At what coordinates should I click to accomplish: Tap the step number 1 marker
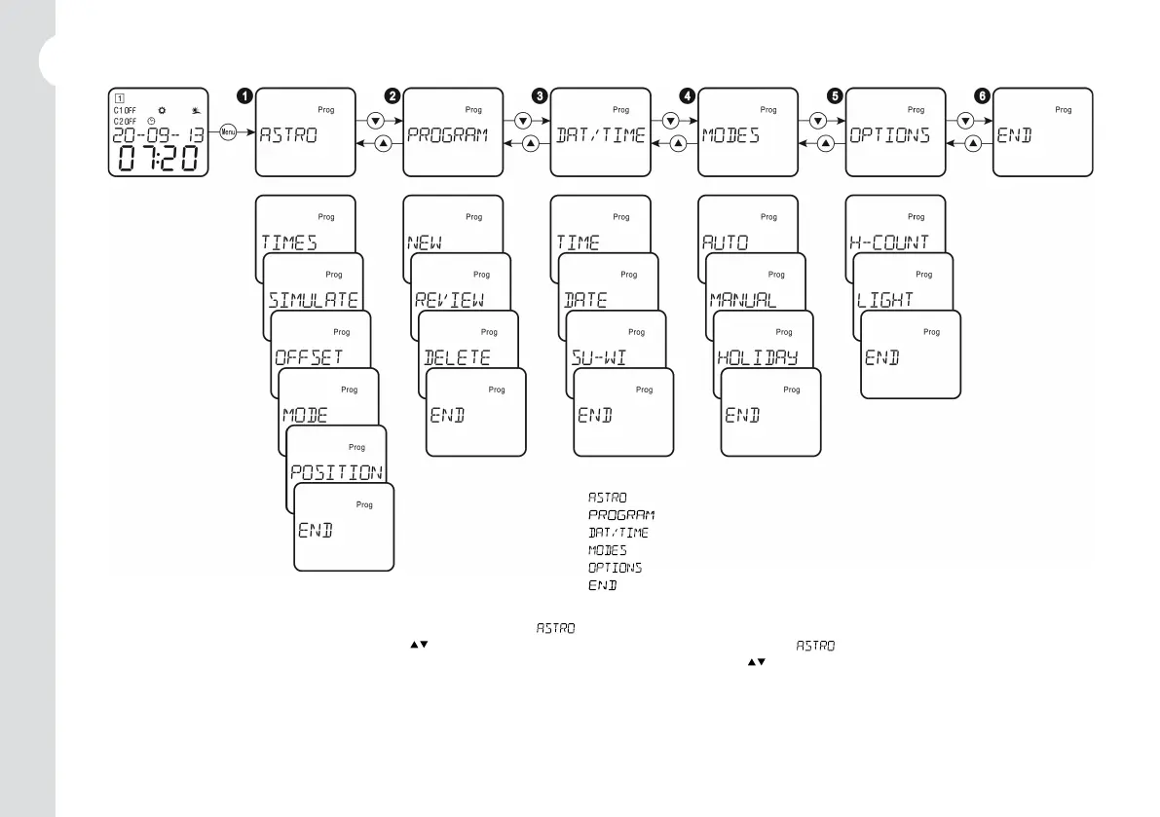click(244, 95)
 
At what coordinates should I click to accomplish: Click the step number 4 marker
click(688, 95)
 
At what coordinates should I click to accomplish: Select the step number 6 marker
click(982, 95)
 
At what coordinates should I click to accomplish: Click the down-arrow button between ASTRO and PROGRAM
click(375, 122)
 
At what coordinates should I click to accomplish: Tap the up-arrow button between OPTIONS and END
click(973, 144)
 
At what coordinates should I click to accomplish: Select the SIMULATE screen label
click(313, 300)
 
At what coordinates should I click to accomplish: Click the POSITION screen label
click(336, 472)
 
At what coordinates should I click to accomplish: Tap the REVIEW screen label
click(449, 300)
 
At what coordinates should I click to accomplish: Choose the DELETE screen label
click(457, 357)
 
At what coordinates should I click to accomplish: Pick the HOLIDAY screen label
click(757, 357)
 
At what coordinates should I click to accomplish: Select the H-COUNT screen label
click(889, 242)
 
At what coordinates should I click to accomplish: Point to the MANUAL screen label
click(742, 300)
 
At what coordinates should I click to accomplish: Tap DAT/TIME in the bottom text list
click(617, 533)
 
